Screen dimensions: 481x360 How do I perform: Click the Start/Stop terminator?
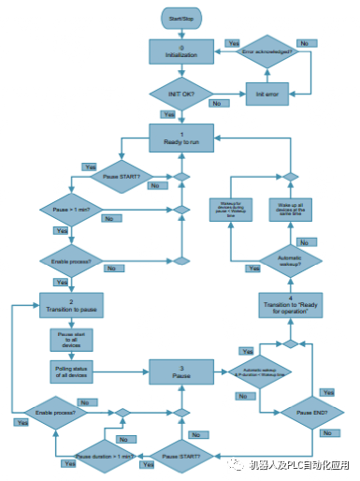[181, 18]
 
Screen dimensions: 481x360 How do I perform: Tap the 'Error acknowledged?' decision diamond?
[267, 52]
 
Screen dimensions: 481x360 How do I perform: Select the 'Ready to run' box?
[181, 138]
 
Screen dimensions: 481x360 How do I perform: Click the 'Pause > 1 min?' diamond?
[73, 210]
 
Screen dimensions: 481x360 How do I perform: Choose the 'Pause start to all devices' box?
[73, 339]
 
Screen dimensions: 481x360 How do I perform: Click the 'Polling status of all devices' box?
[73, 372]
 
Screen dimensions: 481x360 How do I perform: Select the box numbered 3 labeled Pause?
[181, 371]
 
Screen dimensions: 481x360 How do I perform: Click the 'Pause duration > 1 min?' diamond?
[99, 455]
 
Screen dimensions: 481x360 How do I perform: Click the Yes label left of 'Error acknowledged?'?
[233, 43]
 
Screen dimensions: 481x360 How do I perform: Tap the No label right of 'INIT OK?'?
[217, 103]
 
